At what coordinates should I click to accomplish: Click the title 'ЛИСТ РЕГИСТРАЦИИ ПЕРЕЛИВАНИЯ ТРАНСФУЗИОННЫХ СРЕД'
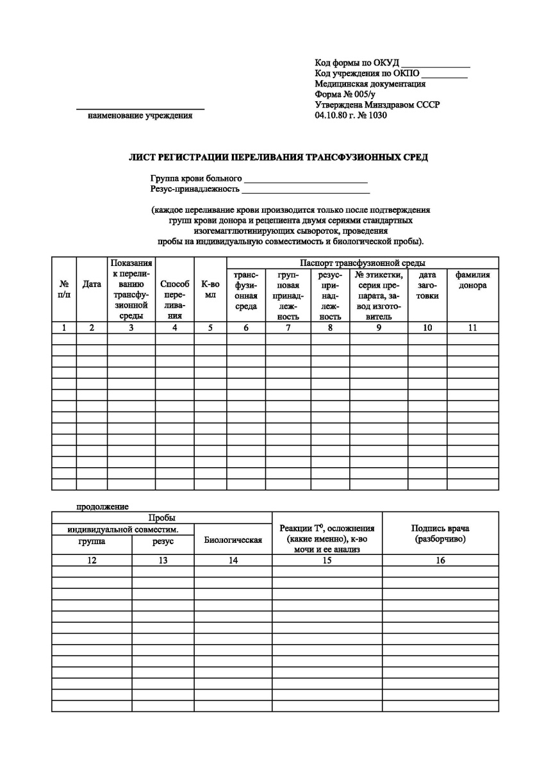click(x=279, y=157)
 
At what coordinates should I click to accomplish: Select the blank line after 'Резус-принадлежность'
click(x=306, y=192)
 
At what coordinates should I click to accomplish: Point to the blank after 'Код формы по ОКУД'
click(x=436, y=67)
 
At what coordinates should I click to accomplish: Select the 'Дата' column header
click(x=92, y=285)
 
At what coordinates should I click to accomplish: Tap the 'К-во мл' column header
click(x=210, y=290)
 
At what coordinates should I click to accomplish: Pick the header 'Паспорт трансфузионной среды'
click(x=363, y=263)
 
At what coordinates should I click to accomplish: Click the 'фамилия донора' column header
click(x=473, y=280)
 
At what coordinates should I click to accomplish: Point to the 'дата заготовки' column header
click(x=427, y=285)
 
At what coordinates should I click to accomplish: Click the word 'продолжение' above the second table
click(x=103, y=507)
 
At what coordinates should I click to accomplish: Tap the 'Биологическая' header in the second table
click(x=233, y=540)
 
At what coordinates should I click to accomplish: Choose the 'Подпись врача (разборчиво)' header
click(x=440, y=534)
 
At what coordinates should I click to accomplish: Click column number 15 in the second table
click(x=327, y=561)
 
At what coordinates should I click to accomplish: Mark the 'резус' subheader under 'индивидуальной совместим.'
click(x=163, y=542)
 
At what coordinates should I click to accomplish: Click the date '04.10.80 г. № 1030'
click(x=351, y=116)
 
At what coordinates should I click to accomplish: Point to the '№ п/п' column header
click(x=64, y=290)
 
